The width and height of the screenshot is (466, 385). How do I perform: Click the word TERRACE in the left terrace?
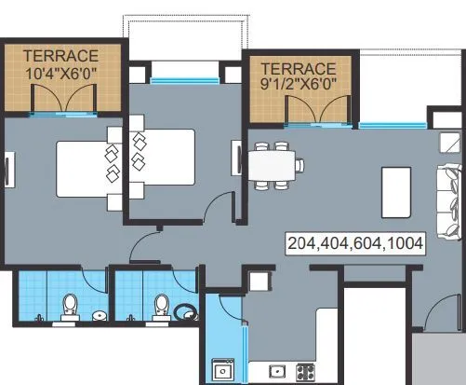coord(61,53)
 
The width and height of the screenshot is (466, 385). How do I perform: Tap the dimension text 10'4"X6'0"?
coord(61,68)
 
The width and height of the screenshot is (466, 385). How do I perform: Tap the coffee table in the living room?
coord(396,186)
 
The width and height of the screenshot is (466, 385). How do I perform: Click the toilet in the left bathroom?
coord(70,307)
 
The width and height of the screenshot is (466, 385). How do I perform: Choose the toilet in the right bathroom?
coord(162,307)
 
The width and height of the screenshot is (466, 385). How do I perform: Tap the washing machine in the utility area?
coord(222,371)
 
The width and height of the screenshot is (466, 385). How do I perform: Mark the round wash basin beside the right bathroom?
coord(189,314)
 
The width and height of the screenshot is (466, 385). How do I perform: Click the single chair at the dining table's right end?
coord(300,167)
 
